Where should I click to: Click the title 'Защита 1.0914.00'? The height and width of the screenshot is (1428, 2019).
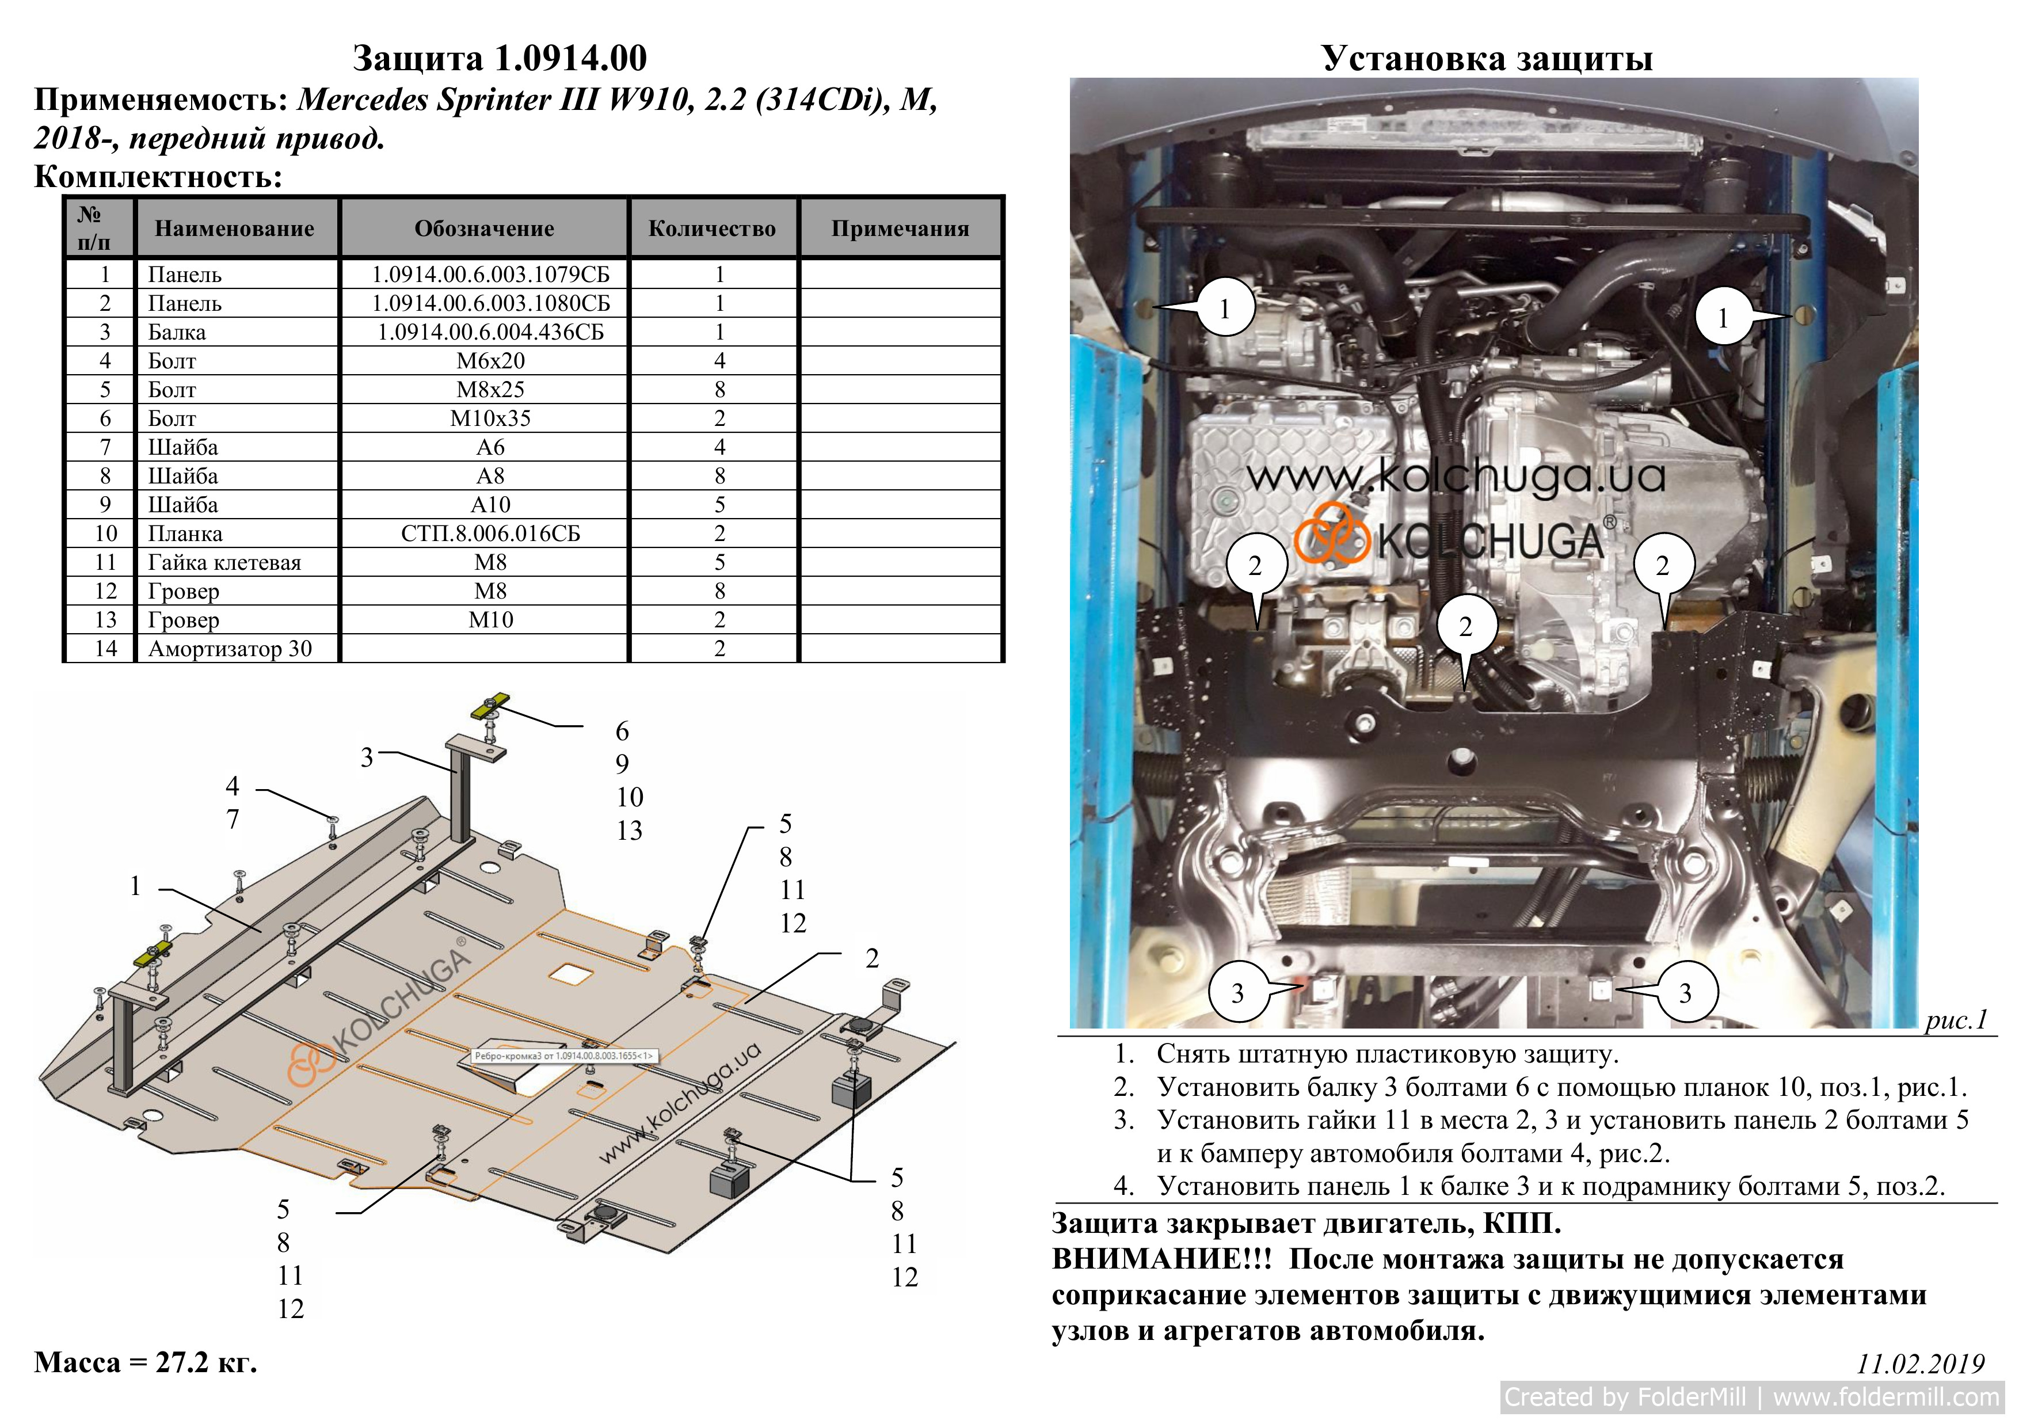500,58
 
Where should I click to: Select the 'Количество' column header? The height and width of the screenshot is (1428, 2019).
713,229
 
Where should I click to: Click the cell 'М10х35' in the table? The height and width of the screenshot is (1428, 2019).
491,418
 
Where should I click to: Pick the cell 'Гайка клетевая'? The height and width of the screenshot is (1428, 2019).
224,563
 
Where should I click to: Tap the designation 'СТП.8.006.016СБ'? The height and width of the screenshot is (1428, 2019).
491,534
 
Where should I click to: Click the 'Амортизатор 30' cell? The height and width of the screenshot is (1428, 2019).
230,649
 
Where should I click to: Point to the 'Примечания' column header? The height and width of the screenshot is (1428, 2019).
901,229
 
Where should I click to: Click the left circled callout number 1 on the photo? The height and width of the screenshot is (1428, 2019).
1225,309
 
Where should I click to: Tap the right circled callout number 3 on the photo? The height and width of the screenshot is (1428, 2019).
1685,993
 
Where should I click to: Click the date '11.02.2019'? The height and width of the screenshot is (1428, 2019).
1921,1364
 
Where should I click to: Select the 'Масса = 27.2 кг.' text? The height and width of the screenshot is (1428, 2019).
146,1362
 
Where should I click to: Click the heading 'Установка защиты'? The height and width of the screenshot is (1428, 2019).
1487,58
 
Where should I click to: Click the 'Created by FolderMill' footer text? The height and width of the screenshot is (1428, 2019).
1625,1396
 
